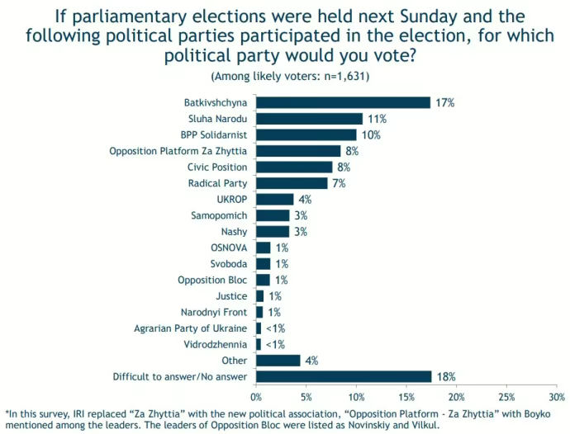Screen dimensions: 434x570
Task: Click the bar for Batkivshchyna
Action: (x=343, y=102)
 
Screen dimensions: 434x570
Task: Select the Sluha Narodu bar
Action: (x=309, y=119)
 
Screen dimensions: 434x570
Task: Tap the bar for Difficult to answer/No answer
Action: (x=344, y=376)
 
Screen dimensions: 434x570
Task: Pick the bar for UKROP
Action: (x=274, y=199)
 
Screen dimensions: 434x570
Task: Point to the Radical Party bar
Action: (x=292, y=183)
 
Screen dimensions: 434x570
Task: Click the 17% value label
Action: (x=446, y=102)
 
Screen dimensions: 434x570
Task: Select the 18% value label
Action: (x=447, y=376)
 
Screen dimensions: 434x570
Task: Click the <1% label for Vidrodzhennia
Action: (x=276, y=344)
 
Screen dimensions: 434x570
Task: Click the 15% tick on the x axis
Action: (x=406, y=397)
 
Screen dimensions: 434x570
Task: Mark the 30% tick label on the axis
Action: (x=557, y=397)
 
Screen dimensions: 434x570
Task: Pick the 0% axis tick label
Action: (x=256, y=397)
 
